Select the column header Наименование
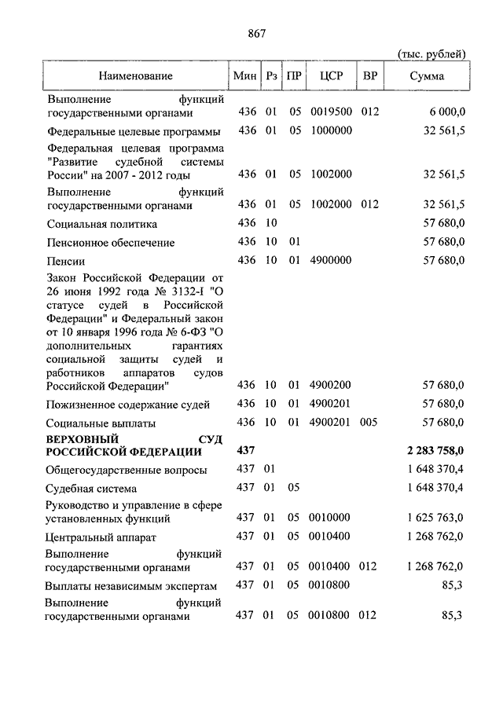pyautogui.click(x=135, y=76)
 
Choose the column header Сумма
pyautogui.click(x=427, y=76)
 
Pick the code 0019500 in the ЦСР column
pyautogui.click(x=331, y=112)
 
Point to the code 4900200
pyautogui.click(x=331, y=385)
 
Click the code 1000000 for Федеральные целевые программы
pyautogui.click(x=331, y=131)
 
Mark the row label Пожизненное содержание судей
pyautogui.click(x=127, y=404)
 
